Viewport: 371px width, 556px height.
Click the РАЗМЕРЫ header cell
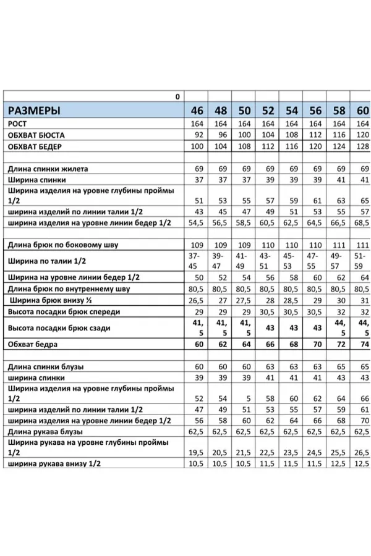tap(34, 111)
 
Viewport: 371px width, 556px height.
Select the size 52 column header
tap(268, 111)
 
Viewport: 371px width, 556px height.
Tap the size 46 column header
tap(197, 111)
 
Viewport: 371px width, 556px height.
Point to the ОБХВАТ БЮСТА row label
tap(36, 135)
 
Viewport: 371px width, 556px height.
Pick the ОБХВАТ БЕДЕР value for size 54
tap(292, 146)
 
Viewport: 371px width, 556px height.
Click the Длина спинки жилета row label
tap(48, 168)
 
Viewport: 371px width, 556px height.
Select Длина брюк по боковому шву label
tap(62, 245)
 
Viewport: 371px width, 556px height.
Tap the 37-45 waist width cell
tap(197, 261)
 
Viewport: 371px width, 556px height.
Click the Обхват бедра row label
tap(33, 343)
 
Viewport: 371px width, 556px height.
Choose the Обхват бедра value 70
tap(315, 343)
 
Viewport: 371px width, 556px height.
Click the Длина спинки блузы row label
tap(46, 366)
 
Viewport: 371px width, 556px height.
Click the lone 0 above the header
tap(177, 96)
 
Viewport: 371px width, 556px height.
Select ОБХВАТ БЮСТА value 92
tap(198, 135)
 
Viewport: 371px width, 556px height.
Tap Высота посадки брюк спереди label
tap(64, 311)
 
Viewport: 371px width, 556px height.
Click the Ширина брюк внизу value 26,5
tap(197, 300)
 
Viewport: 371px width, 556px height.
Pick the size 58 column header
tap(339, 111)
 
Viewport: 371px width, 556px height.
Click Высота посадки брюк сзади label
tap(59, 327)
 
